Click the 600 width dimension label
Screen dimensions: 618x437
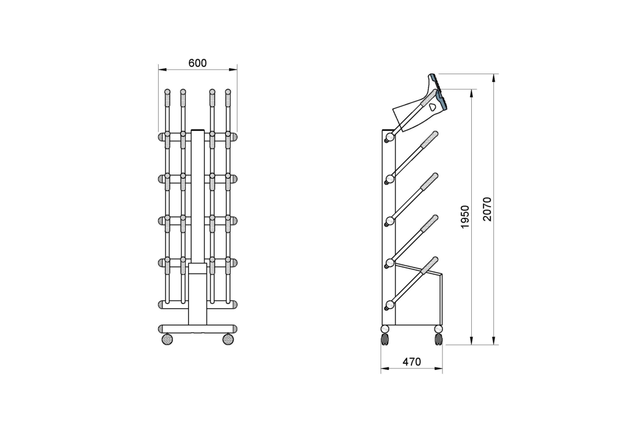click(198, 63)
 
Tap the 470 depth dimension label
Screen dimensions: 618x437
click(411, 362)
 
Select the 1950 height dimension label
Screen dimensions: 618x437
click(465, 217)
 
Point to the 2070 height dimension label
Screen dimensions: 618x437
click(488, 209)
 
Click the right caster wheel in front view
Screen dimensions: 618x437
click(228, 339)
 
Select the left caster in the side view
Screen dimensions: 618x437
click(385, 335)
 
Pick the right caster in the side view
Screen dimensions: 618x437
click(438, 335)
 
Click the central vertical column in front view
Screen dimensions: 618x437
click(198, 226)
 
